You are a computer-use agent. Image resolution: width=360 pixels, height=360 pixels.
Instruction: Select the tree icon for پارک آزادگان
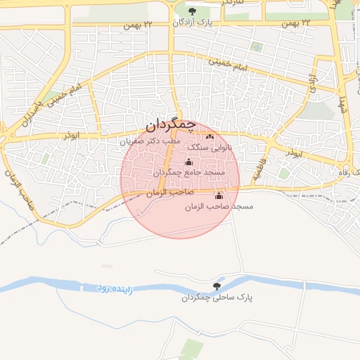pyautogui.click(x=192, y=11)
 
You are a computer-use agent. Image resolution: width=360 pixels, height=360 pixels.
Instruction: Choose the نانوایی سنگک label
pyautogui.click(x=219, y=147)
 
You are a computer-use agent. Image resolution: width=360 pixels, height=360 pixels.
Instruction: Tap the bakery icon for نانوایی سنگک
pyautogui.click(x=209, y=136)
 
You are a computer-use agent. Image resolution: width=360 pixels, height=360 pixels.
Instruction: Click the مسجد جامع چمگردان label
pyautogui.click(x=188, y=172)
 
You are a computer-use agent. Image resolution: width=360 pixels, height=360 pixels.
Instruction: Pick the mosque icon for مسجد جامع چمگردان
pyautogui.click(x=188, y=162)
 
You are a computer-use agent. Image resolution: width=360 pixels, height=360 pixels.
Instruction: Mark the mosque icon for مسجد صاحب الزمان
pyautogui.click(x=219, y=195)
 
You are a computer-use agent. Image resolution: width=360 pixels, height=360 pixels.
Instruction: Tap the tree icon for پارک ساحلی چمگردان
pyautogui.click(x=216, y=286)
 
